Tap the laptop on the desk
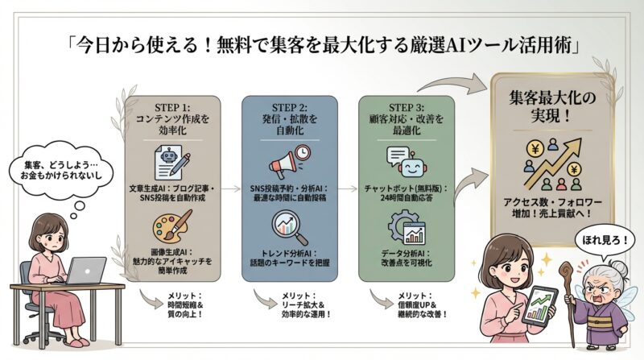(85, 271)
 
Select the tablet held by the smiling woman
(540, 304)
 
